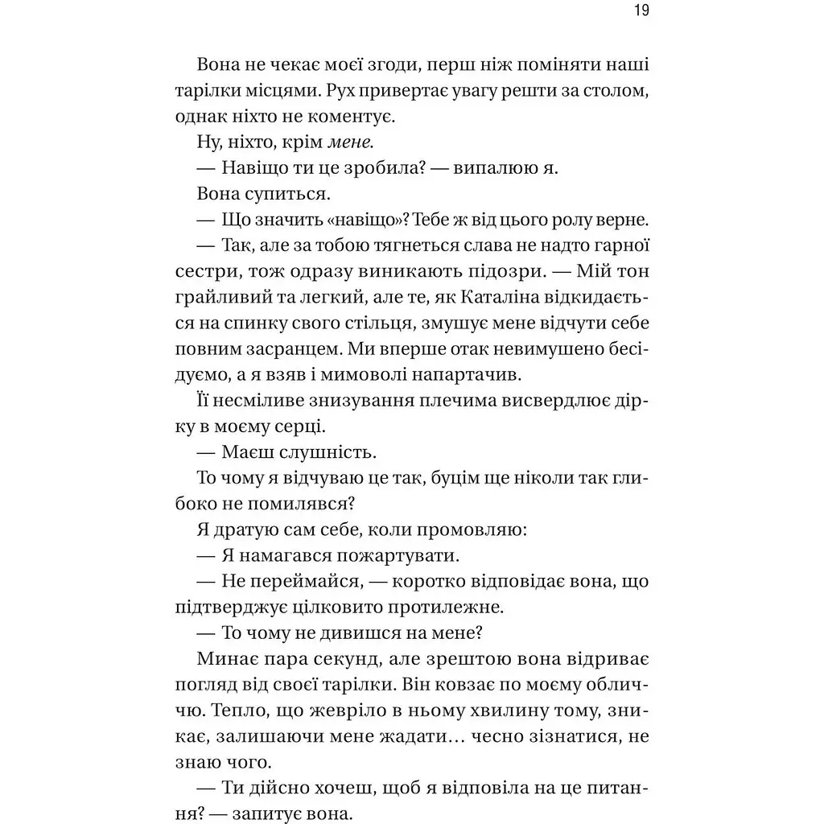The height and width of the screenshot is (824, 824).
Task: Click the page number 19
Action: tap(641, 11)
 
